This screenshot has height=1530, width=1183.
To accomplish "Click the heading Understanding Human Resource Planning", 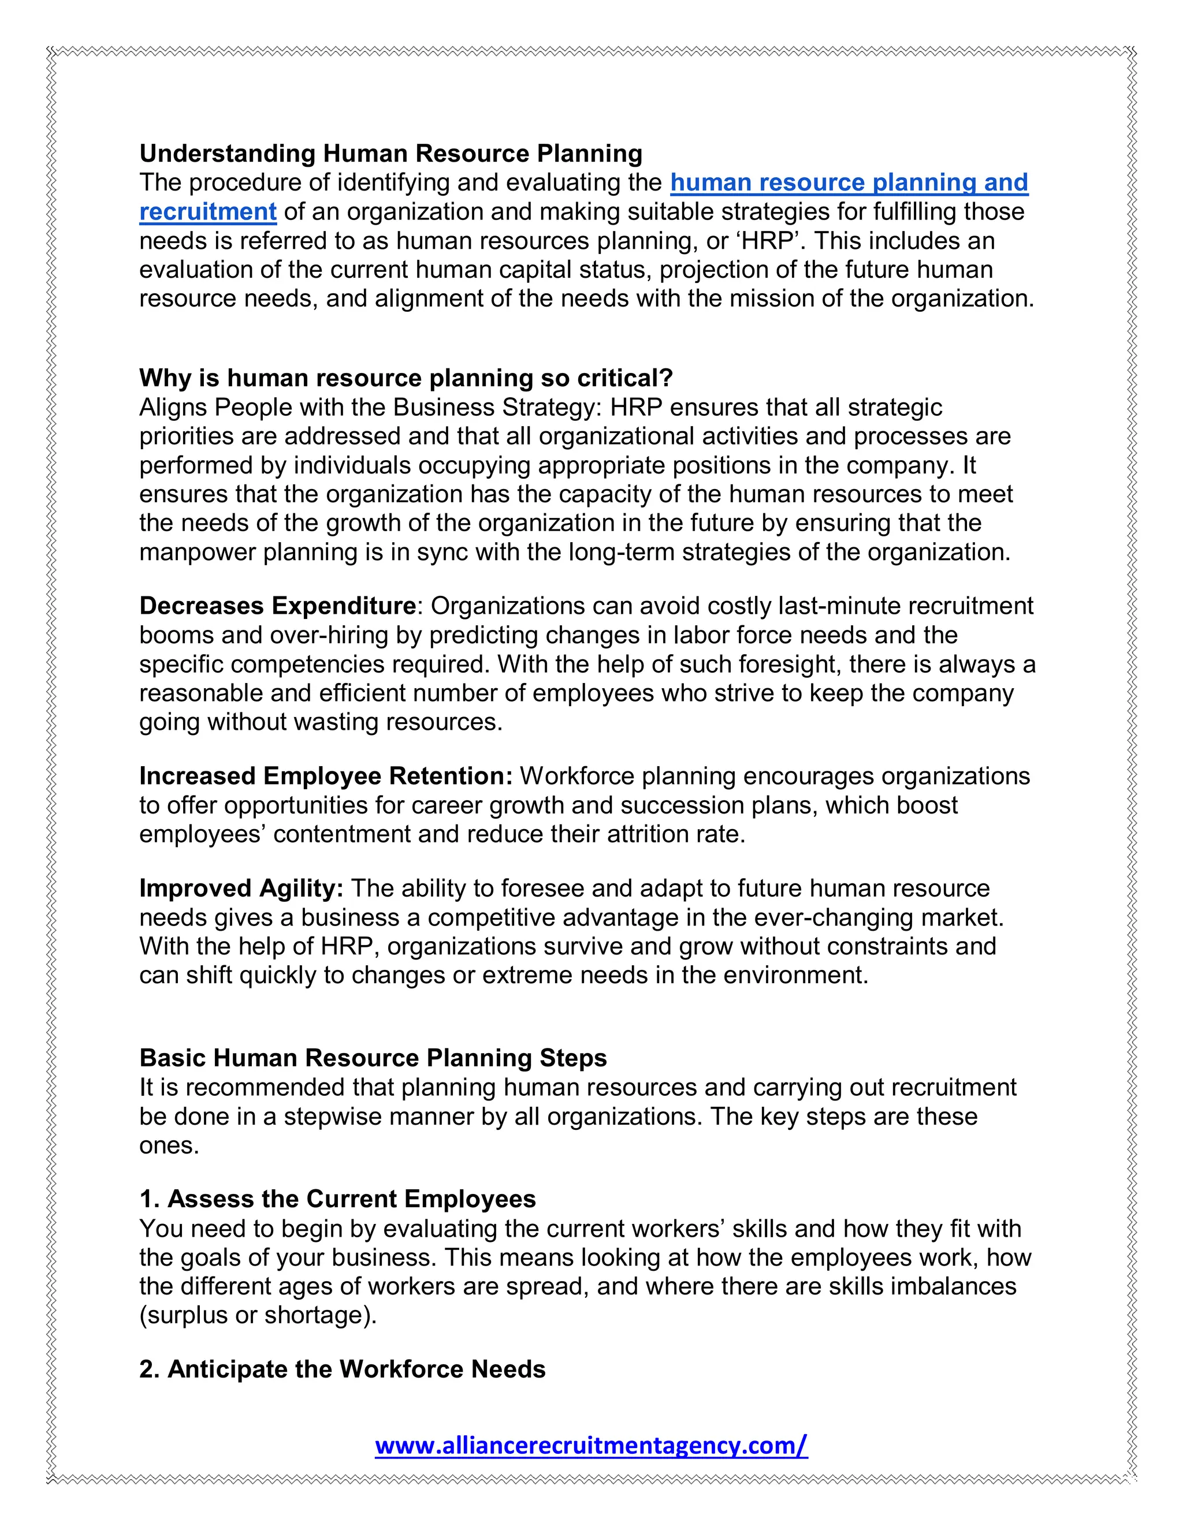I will (390, 154).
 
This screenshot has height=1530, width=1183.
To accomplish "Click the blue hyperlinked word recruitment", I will (208, 211).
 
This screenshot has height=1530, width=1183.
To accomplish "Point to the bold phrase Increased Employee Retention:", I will (326, 776).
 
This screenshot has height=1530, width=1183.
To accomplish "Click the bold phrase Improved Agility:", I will (241, 889).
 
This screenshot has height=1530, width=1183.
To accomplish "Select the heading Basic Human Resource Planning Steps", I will (373, 1058).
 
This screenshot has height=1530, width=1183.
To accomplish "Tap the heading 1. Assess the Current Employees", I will (337, 1199).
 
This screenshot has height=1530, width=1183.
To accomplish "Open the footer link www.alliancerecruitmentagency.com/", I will (591, 1445).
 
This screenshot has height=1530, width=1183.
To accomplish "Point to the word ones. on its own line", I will (169, 1145).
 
